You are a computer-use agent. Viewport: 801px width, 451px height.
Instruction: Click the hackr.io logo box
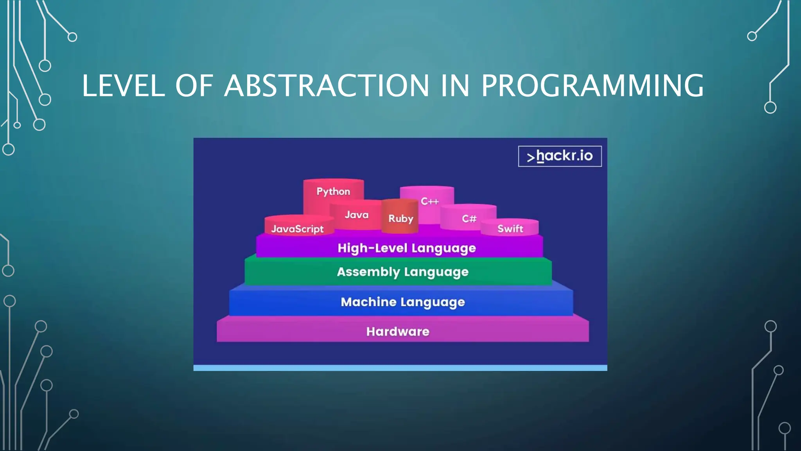click(560, 156)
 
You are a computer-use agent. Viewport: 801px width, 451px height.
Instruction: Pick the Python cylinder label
click(333, 191)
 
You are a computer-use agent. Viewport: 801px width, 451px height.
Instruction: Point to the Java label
click(356, 215)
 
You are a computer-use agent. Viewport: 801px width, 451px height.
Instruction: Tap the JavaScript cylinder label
click(297, 229)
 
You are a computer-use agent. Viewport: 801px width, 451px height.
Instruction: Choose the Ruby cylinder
click(400, 218)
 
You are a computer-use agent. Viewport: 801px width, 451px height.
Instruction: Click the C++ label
click(429, 201)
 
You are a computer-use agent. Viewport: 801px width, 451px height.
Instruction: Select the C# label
click(469, 218)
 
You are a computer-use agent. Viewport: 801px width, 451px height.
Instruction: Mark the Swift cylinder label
click(510, 229)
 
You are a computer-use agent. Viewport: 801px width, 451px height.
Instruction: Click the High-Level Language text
click(407, 248)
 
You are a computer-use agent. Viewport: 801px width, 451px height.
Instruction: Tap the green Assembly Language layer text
click(402, 272)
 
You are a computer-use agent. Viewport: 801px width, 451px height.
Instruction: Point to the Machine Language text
click(403, 302)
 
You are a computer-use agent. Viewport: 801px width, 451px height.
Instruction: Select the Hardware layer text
click(398, 332)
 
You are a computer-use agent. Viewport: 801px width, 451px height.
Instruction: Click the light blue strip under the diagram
click(400, 368)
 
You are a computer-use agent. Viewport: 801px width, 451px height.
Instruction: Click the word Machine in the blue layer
click(368, 302)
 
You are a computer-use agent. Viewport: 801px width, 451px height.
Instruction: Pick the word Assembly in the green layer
click(368, 272)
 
